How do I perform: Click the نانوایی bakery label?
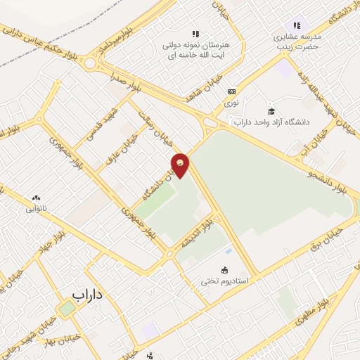[36, 208]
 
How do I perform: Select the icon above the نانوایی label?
[36, 198]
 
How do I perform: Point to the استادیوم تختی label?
[224, 281]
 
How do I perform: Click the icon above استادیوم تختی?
[224, 270]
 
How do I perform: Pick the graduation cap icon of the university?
[271, 111]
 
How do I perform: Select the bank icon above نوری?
[231, 91]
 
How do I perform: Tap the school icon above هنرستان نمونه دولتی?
[195, 33]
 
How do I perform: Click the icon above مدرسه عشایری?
[296, 25]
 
